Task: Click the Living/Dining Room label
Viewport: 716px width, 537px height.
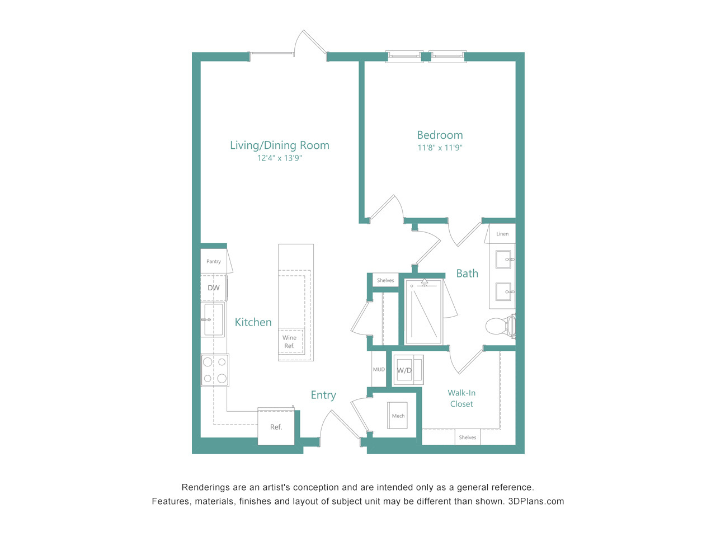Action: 280,145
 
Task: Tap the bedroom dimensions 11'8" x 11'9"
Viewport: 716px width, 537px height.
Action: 440,148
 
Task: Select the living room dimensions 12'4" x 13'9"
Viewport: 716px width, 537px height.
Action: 280,158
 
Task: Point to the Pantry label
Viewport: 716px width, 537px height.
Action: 213,261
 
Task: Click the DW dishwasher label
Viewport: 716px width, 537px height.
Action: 214,288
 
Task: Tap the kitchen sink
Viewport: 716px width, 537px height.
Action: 213,319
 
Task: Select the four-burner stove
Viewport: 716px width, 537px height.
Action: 215,370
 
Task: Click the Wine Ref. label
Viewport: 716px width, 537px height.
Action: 289,342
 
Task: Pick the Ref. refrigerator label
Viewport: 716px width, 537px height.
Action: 276,427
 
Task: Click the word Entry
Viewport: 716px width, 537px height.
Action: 323,395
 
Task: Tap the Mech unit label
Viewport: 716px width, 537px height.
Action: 398,416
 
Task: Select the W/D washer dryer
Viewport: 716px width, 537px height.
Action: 408,370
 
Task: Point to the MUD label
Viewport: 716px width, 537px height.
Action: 379,369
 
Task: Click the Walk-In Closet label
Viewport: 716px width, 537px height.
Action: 461,398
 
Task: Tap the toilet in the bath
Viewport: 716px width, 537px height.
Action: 501,326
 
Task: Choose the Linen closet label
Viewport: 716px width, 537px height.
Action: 502,234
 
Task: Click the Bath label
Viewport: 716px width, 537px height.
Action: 467,273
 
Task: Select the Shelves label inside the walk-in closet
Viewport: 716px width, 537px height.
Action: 468,437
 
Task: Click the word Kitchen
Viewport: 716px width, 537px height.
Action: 253,322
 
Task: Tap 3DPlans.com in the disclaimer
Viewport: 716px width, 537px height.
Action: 536,501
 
